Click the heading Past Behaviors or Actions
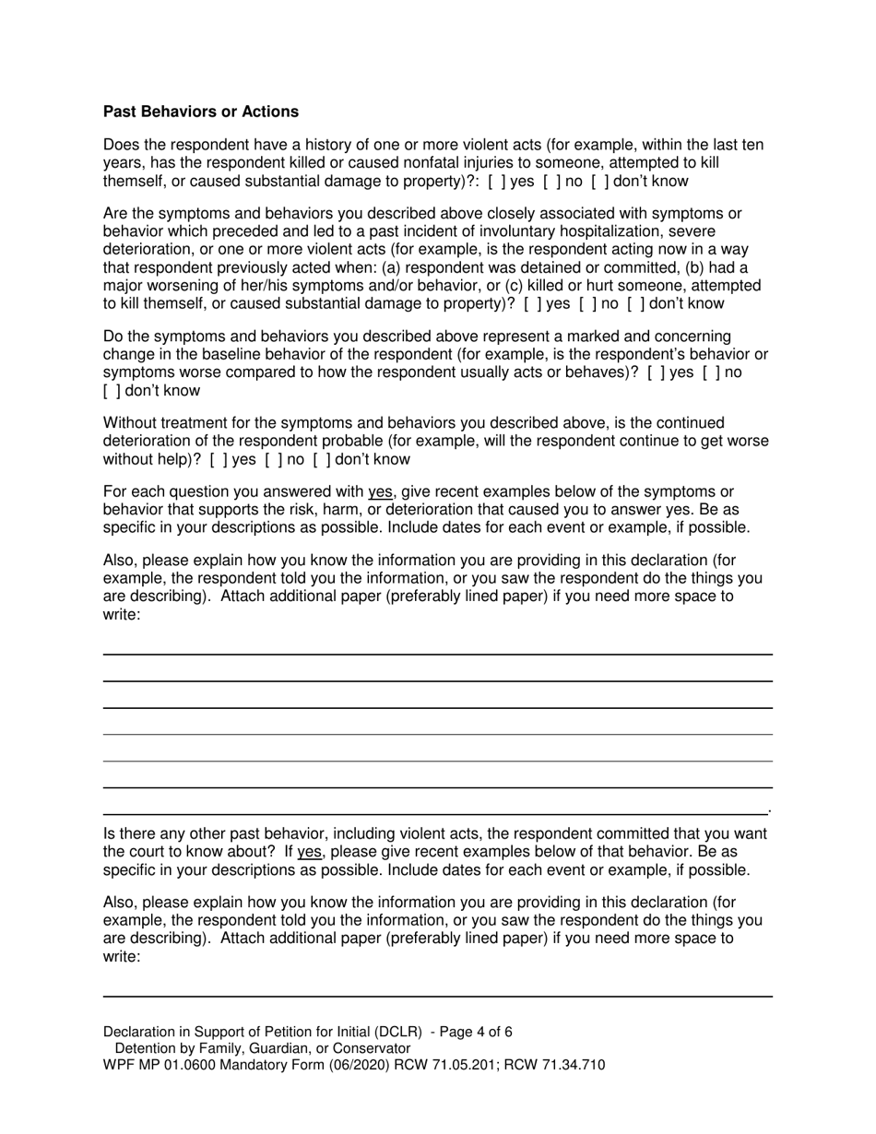click(201, 112)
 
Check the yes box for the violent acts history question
click(496, 181)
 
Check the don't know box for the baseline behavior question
click(112, 390)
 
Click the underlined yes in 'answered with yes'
click(380, 491)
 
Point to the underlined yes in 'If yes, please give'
click(310, 852)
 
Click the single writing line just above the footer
click(437, 997)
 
